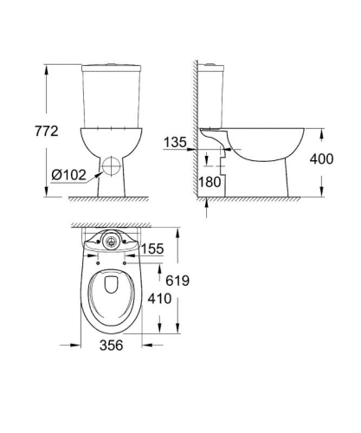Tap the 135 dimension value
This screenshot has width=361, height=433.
[176, 141]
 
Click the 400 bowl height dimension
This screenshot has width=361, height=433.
[333, 159]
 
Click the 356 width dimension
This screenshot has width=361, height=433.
[108, 346]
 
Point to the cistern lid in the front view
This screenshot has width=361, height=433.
[108, 68]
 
